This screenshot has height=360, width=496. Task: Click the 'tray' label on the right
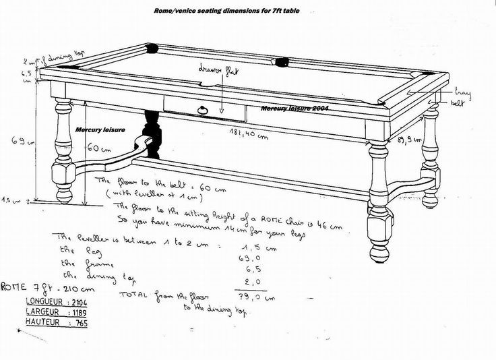(x=462, y=91)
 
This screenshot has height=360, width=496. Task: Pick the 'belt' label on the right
(x=458, y=103)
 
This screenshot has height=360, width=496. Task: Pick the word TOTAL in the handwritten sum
(x=133, y=295)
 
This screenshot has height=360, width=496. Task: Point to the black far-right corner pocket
(x=426, y=75)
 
